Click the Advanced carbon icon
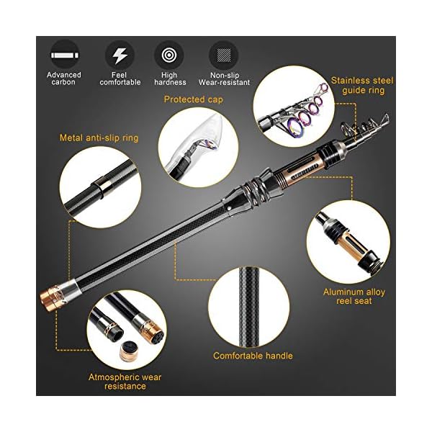64,54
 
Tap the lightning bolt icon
120,54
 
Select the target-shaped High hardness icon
168,54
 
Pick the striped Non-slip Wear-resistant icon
223,54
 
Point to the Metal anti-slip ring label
99,137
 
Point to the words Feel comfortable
120,78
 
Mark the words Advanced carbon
64,78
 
